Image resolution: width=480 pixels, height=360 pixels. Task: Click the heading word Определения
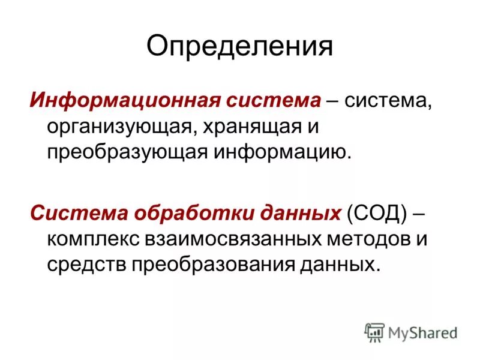239,46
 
